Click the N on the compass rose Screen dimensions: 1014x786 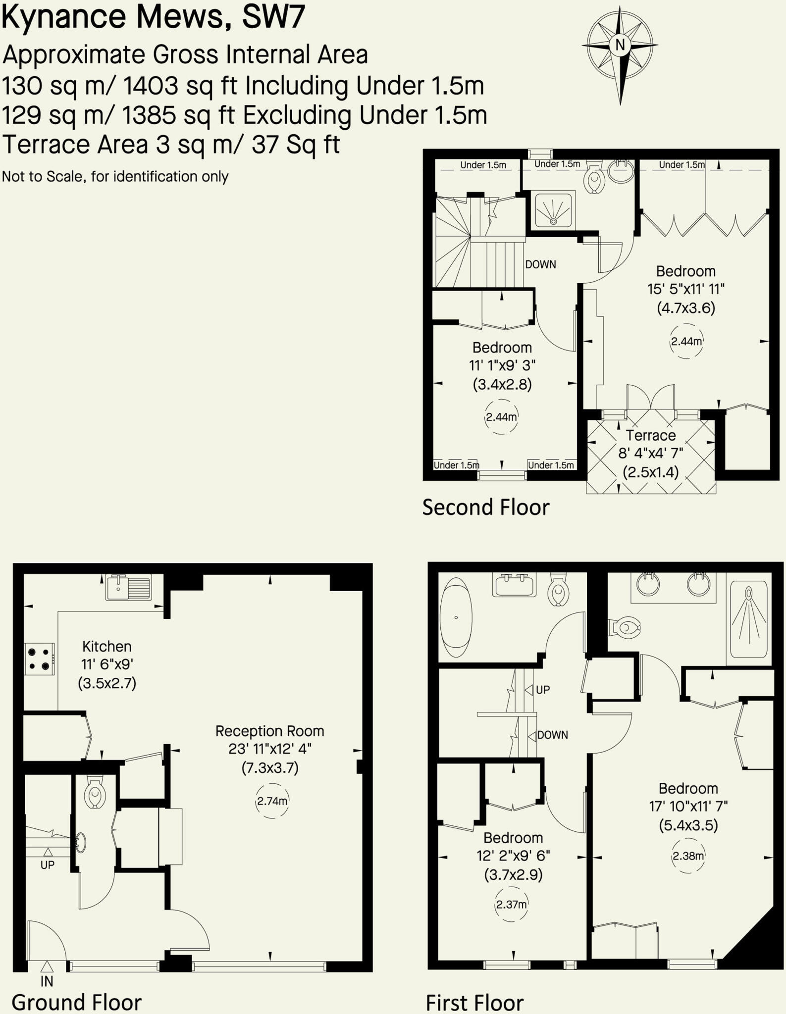click(620, 45)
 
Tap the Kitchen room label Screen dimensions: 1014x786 click(107, 646)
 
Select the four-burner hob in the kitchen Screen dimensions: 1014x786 click(39, 659)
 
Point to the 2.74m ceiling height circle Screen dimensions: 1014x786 click(272, 801)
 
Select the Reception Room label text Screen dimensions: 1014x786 click(270, 731)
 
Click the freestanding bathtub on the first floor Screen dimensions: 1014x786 click(456, 617)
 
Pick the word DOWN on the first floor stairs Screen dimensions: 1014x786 click(552, 735)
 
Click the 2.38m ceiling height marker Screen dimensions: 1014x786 click(688, 856)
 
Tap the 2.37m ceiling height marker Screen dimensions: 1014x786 click(511, 904)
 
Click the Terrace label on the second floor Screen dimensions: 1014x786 click(650, 435)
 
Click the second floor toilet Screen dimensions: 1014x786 click(593, 179)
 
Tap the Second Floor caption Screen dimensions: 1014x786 click(485, 507)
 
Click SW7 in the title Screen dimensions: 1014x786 click(273, 16)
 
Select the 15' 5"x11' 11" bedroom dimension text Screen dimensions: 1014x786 click(685, 289)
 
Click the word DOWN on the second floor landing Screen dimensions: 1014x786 click(540, 264)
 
